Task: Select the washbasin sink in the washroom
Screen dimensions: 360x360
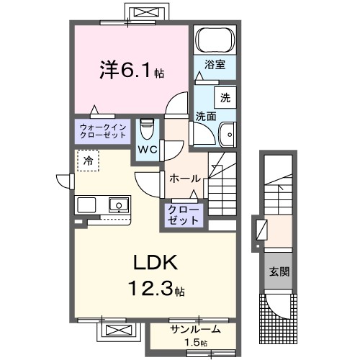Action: click(228, 133)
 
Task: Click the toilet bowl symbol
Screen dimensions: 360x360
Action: click(148, 129)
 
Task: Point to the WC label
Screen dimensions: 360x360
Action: click(148, 150)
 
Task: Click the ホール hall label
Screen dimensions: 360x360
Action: click(184, 178)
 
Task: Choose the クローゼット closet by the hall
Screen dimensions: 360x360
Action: click(184, 215)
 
